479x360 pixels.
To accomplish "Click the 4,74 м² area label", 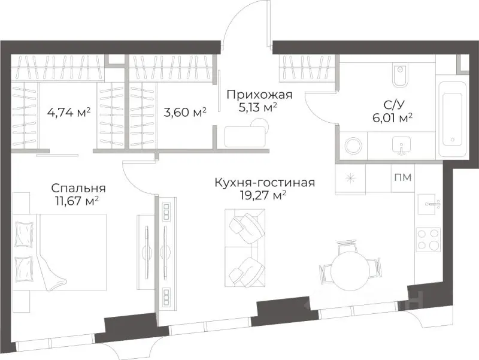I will pos(69,111).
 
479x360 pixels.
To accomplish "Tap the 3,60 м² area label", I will pos(185,111).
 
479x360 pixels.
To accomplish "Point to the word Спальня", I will pos(75,188).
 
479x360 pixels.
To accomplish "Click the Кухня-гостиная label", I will pos(265,182).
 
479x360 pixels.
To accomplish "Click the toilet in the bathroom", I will pos(400,75).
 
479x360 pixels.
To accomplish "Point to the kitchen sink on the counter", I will pos(430,204).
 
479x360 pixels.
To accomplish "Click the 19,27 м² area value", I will pos(265,196).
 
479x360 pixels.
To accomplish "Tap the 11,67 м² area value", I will pos(75,201).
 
